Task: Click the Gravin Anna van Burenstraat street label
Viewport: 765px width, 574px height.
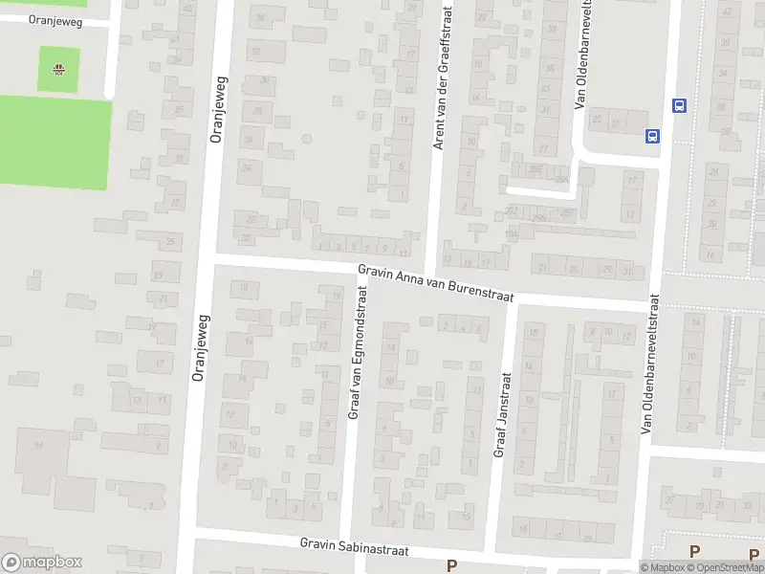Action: (x=436, y=282)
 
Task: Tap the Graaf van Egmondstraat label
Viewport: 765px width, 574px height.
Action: (x=359, y=355)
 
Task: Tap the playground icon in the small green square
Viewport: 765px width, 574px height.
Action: (x=59, y=68)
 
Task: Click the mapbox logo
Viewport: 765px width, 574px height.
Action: (x=42, y=563)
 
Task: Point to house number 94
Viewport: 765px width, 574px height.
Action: (x=39, y=445)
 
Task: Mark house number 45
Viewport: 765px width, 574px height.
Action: (x=187, y=9)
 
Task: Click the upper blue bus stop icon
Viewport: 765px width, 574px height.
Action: (x=679, y=105)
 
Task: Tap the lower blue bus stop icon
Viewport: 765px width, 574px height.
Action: (x=653, y=136)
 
